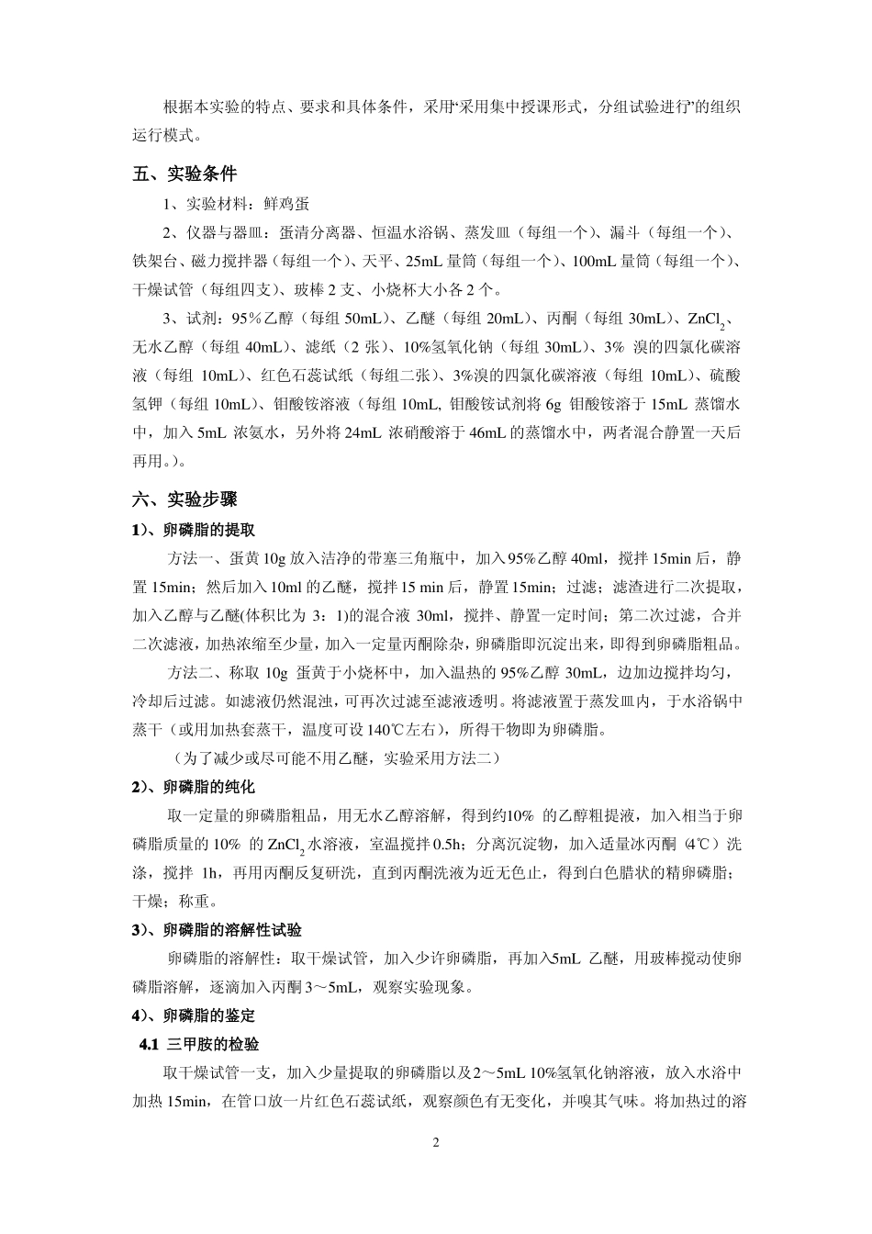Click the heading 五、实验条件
tap(184, 174)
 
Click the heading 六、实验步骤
tap(184, 499)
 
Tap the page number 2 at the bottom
tap(436, 1143)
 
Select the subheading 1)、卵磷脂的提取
tap(194, 531)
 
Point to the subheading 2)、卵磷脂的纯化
tap(194, 787)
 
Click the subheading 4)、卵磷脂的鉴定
tap(194, 1015)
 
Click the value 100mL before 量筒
tap(593, 262)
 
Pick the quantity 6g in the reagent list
tap(553, 403)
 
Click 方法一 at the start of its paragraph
tap(190, 558)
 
